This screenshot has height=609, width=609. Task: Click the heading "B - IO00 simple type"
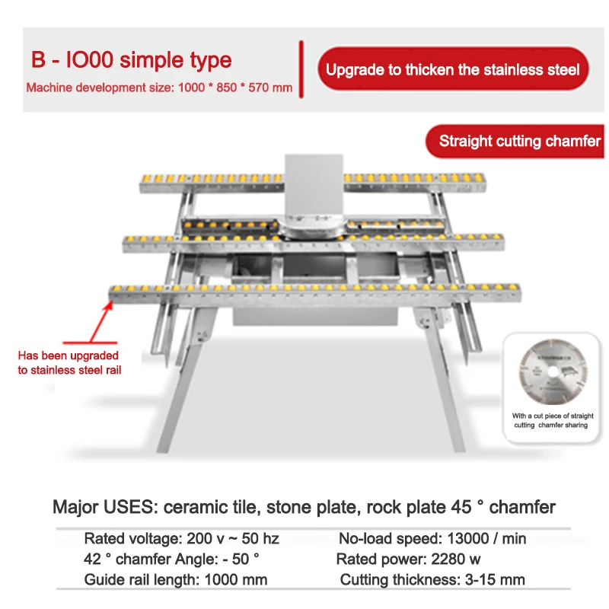coord(131,60)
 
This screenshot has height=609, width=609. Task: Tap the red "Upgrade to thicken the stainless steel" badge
coord(453,69)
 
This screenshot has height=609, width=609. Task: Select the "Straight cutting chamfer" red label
coord(515,141)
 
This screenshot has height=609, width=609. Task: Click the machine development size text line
coord(159,88)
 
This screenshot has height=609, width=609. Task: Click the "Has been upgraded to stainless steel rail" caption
coord(69,363)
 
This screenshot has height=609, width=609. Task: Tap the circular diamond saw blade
coord(553,371)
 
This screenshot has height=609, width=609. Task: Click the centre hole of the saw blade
coord(553,372)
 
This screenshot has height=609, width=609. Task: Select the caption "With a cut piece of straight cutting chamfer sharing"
coord(553,420)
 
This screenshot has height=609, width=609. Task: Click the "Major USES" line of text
coord(304,507)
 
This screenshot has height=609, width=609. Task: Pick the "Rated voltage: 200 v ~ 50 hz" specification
coord(181,539)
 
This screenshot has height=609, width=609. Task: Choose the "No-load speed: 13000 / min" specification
coord(432,539)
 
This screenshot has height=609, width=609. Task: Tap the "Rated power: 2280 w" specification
coord(408,560)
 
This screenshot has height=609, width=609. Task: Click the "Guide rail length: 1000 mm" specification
coord(176,580)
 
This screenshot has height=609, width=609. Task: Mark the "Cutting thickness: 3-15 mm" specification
coord(432,580)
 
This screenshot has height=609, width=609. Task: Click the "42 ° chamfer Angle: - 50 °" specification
coord(171,560)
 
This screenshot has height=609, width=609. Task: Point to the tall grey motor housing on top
coord(314,187)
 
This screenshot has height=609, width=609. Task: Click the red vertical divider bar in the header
coord(301,69)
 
